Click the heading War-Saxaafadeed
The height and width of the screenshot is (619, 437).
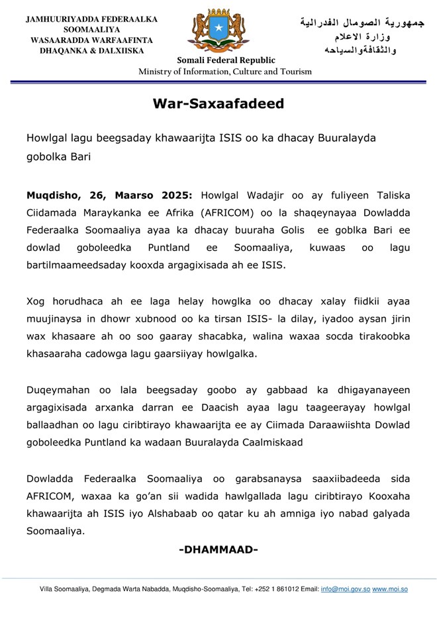click(218, 104)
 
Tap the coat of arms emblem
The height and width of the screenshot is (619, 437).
click(218, 30)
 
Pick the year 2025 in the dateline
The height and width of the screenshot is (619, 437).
click(175, 197)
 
